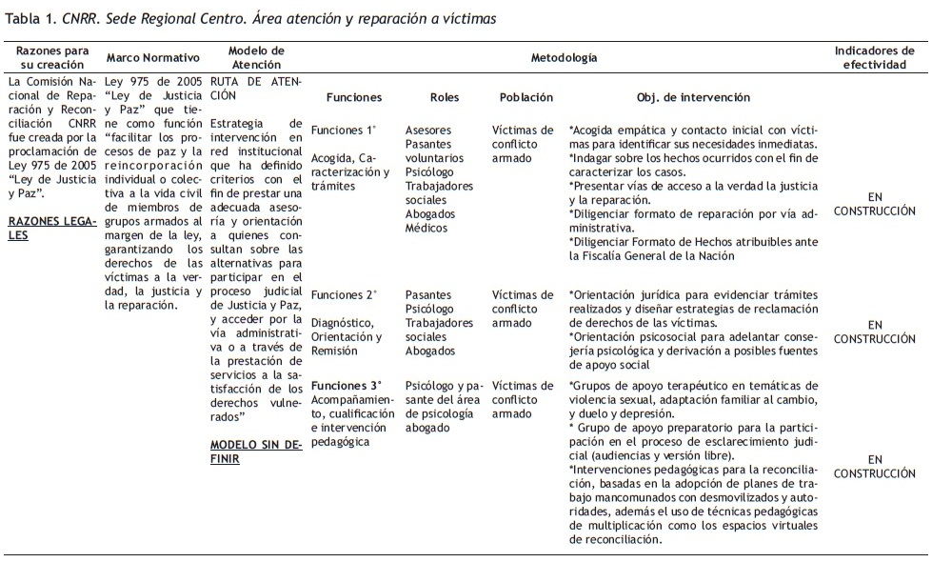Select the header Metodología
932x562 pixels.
(x=564, y=58)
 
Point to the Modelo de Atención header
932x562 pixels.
(x=257, y=58)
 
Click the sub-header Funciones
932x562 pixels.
(x=353, y=97)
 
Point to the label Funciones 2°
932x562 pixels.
(x=344, y=295)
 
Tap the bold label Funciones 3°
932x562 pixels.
(x=344, y=386)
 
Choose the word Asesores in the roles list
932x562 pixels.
(x=428, y=130)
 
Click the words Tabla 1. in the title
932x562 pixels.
(x=31, y=18)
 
